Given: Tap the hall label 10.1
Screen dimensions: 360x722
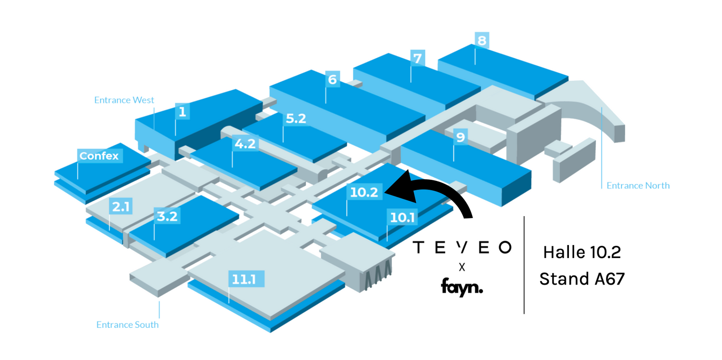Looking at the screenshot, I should pyautogui.click(x=402, y=218).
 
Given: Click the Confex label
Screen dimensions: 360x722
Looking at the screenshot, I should pyautogui.click(x=99, y=156).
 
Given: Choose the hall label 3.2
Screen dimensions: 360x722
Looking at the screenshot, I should pyautogui.click(x=167, y=216).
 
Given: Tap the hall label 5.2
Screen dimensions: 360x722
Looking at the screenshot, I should pyautogui.click(x=296, y=119).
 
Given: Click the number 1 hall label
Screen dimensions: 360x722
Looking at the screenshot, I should pyautogui.click(x=182, y=112).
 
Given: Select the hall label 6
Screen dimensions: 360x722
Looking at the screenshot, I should pyautogui.click(x=332, y=79).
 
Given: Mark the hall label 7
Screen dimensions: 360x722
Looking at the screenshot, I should pyautogui.click(x=417, y=59).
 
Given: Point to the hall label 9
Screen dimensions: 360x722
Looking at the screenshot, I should pyautogui.click(x=460, y=138).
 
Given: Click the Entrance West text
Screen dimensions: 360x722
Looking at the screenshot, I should pyautogui.click(x=124, y=100).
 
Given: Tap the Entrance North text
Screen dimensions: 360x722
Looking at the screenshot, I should pyautogui.click(x=638, y=185).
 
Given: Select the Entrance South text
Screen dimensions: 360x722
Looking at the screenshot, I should pyautogui.click(x=128, y=325).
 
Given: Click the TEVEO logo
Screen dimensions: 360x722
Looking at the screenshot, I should pyautogui.click(x=462, y=247).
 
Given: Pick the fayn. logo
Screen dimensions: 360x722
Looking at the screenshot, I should pyautogui.click(x=462, y=288).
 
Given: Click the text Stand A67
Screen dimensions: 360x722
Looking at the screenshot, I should pyautogui.click(x=582, y=279).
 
